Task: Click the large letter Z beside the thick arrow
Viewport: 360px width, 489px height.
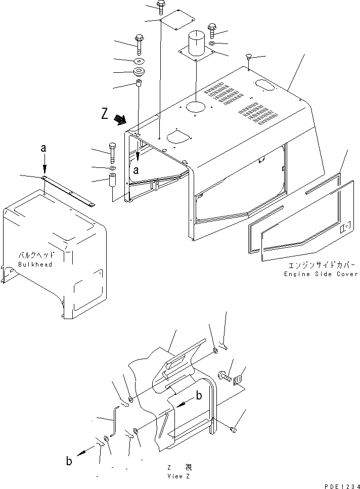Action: [104, 114]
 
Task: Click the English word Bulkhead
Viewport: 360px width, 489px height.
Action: [35, 264]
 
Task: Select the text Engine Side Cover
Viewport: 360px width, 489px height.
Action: [321, 274]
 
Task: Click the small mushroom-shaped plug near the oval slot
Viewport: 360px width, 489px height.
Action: [249, 57]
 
